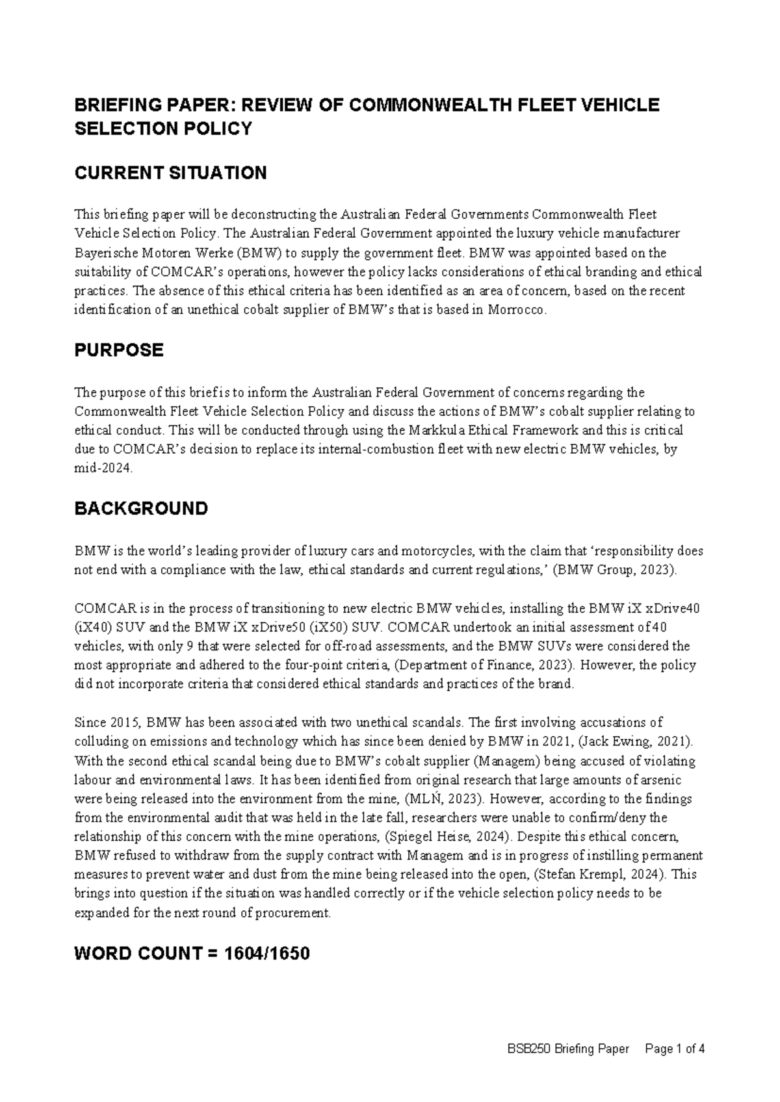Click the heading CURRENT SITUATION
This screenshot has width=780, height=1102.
point(170,173)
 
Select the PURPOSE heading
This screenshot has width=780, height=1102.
point(119,350)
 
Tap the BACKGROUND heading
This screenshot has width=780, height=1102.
point(141,508)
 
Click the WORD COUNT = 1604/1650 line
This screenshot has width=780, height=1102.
point(192,954)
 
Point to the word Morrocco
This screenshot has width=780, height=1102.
point(521,310)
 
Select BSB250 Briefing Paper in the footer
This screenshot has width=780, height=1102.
point(568,1049)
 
